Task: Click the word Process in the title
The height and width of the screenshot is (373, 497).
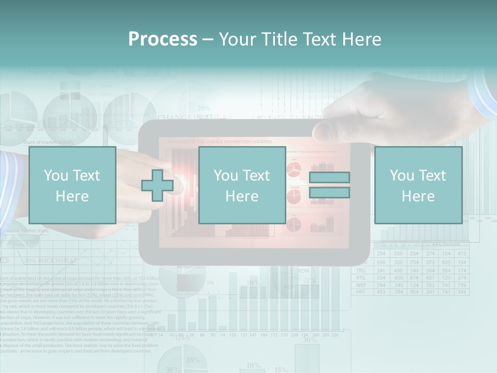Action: pos(163,39)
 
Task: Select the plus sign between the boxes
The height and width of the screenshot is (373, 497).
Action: pos(157,185)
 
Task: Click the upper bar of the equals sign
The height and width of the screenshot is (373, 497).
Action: pos(329,177)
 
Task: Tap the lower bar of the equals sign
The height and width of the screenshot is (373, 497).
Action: pos(329,193)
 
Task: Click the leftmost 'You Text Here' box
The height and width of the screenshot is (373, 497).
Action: pos(72,185)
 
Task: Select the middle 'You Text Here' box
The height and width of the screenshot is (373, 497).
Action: pos(242,185)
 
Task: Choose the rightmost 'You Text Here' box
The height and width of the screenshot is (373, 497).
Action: pos(418,185)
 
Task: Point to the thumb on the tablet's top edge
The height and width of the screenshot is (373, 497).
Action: pos(324,130)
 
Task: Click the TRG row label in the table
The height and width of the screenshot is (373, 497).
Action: pos(361,270)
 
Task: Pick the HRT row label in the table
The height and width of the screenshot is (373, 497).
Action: pos(361,292)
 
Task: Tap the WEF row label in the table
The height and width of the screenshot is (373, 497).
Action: pos(361,285)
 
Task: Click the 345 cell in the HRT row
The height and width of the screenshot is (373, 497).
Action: pos(462,292)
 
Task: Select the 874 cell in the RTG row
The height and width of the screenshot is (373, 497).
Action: pos(414,278)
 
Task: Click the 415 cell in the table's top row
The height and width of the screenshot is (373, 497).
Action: pos(462,254)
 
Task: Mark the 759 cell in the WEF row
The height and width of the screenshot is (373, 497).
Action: pos(462,285)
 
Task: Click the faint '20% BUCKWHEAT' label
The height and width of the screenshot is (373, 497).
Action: pos(50,261)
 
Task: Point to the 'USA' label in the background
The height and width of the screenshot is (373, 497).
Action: pos(182,337)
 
